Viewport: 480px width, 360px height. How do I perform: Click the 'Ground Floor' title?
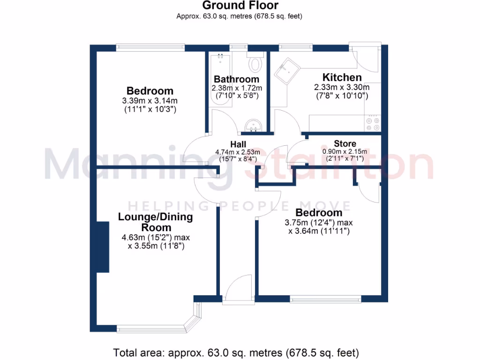click(240, 6)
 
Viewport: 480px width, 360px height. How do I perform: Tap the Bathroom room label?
click(236, 79)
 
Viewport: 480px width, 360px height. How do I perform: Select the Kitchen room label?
click(342, 77)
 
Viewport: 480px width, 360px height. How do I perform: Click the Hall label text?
click(238, 144)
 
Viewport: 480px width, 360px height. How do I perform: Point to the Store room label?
click(345, 143)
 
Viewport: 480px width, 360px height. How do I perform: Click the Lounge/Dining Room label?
click(155, 222)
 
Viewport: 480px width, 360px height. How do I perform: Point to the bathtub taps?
click(220, 57)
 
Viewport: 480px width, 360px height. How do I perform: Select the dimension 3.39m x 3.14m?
click(150, 101)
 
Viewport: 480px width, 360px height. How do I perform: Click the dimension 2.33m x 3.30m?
click(341, 87)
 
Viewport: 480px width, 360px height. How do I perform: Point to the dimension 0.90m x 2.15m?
click(345, 151)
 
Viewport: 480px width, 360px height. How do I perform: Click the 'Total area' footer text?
click(236, 352)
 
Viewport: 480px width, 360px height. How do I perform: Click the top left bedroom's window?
click(151, 47)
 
